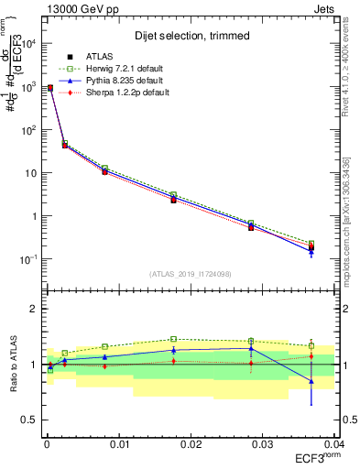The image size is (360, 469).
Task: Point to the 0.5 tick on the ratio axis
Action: [29, 420]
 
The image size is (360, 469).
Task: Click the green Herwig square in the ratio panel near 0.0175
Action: [173, 339]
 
